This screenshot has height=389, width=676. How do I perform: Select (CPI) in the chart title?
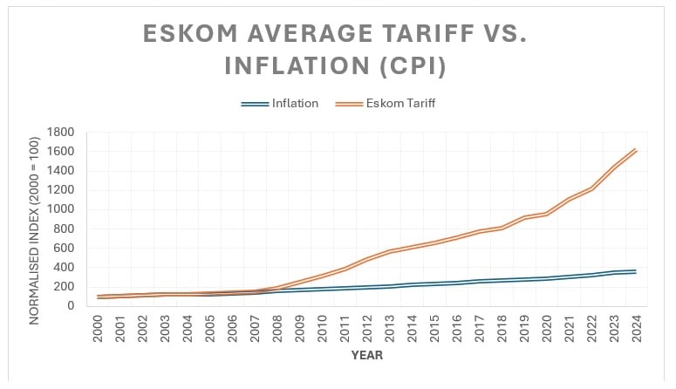tap(413, 66)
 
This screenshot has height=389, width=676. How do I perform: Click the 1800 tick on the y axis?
tap(62, 133)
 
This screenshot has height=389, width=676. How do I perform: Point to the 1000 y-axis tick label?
tap(62, 209)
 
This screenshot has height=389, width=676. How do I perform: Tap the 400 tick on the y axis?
tap(65, 267)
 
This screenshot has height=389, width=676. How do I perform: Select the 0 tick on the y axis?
tap(73, 305)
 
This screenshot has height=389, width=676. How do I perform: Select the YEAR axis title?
tap(367, 355)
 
